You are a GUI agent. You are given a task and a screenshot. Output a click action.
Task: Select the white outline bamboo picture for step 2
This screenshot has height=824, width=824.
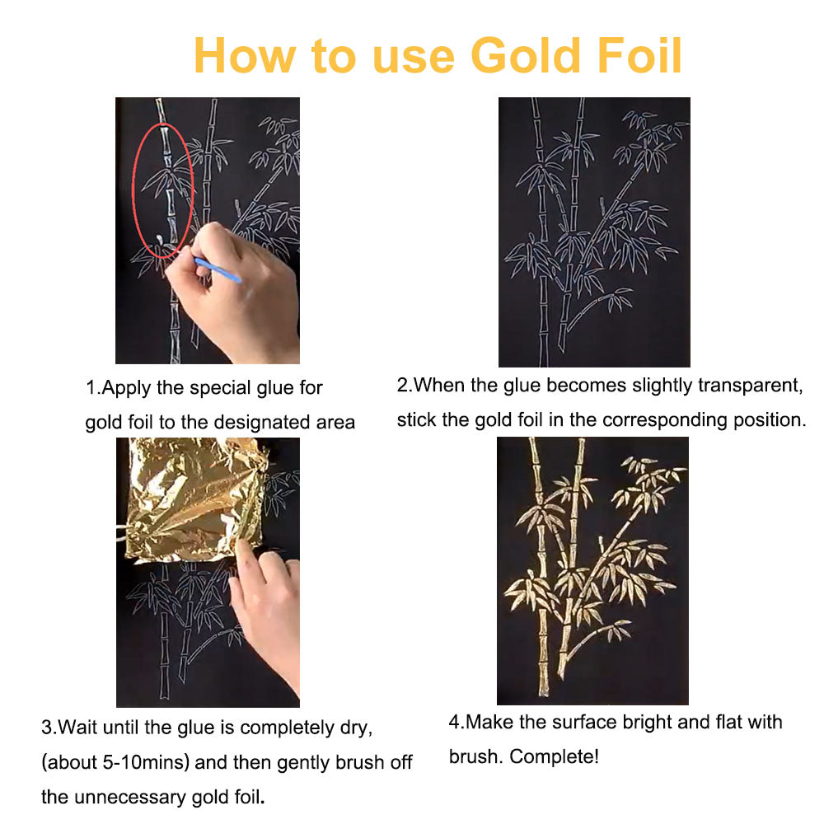pyautogui.click(x=594, y=232)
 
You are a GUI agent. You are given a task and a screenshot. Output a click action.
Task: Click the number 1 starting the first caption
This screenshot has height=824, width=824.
pyautogui.click(x=91, y=388)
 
